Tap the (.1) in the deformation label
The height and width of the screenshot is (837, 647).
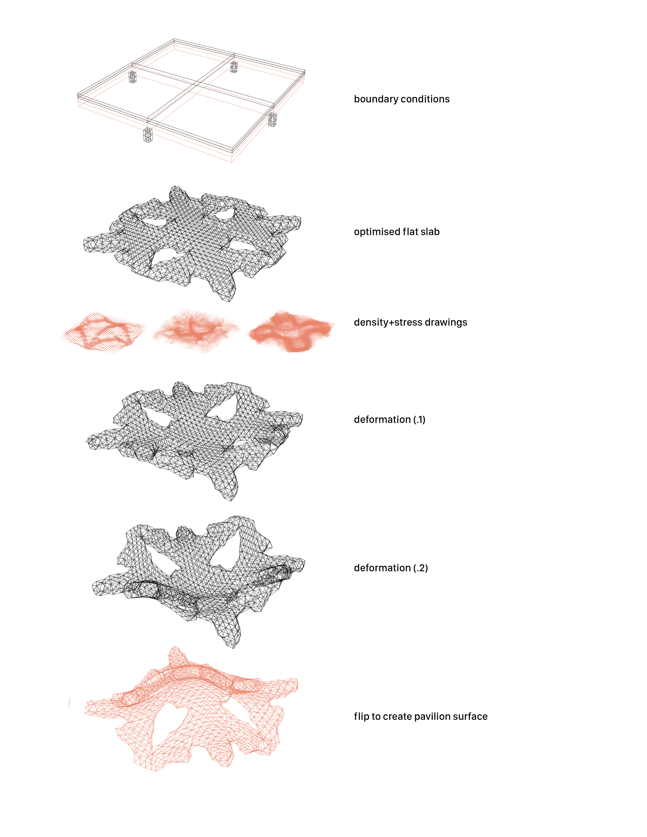pos(419,420)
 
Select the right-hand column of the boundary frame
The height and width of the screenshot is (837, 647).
pos(272,120)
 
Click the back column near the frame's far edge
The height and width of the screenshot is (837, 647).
pos(234,67)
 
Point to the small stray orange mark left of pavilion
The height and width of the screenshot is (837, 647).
pos(69,702)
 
